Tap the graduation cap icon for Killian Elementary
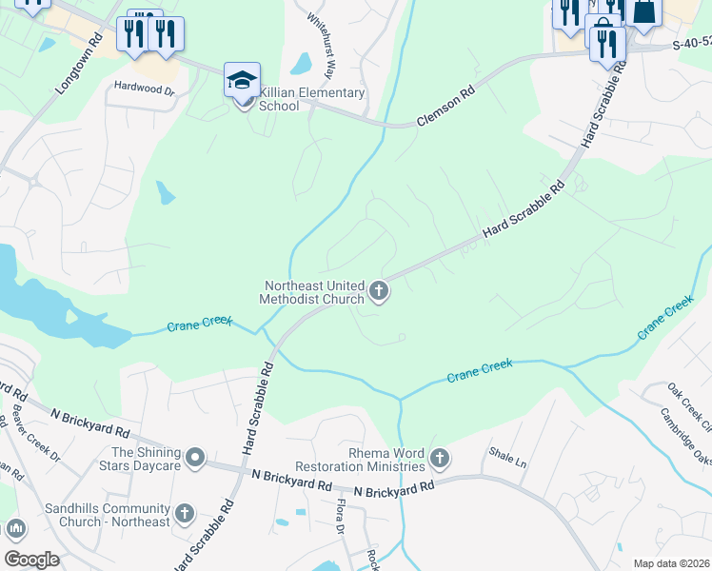(243, 79)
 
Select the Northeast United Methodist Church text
(312, 291)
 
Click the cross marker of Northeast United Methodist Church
(379, 291)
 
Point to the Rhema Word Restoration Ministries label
(360, 460)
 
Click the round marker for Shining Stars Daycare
(195, 459)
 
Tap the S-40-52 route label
(691, 44)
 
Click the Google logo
(30, 559)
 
